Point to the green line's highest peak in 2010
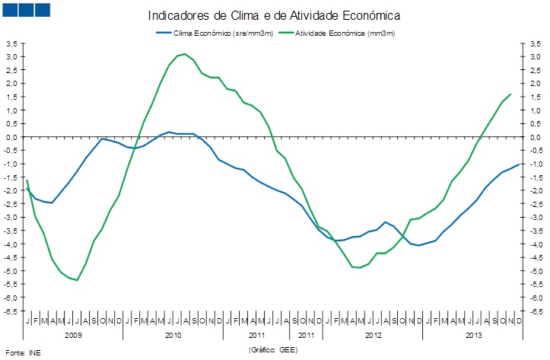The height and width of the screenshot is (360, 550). click(x=185, y=54)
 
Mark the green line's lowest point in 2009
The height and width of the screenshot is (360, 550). click(x=77, y=280)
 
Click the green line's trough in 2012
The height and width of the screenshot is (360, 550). click(x=359, y=268)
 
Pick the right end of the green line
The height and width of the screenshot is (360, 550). click(x=510, y=94)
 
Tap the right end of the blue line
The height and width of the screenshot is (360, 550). click(x=519, y=164)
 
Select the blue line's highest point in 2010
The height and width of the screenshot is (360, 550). click(x=169, y=132)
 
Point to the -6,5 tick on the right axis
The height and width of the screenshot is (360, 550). click(x=536, y=311)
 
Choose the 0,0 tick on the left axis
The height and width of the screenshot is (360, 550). click(x=11, y=137)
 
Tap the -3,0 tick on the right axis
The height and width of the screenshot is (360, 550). click(x=536, y=218)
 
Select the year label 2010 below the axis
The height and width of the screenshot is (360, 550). click(x=173, y=335)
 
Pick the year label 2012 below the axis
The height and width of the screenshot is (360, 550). click(x=374, y=335)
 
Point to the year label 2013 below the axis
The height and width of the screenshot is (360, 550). click(x=473, y=335)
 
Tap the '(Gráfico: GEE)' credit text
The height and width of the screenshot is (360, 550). click(x=273, y=349)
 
